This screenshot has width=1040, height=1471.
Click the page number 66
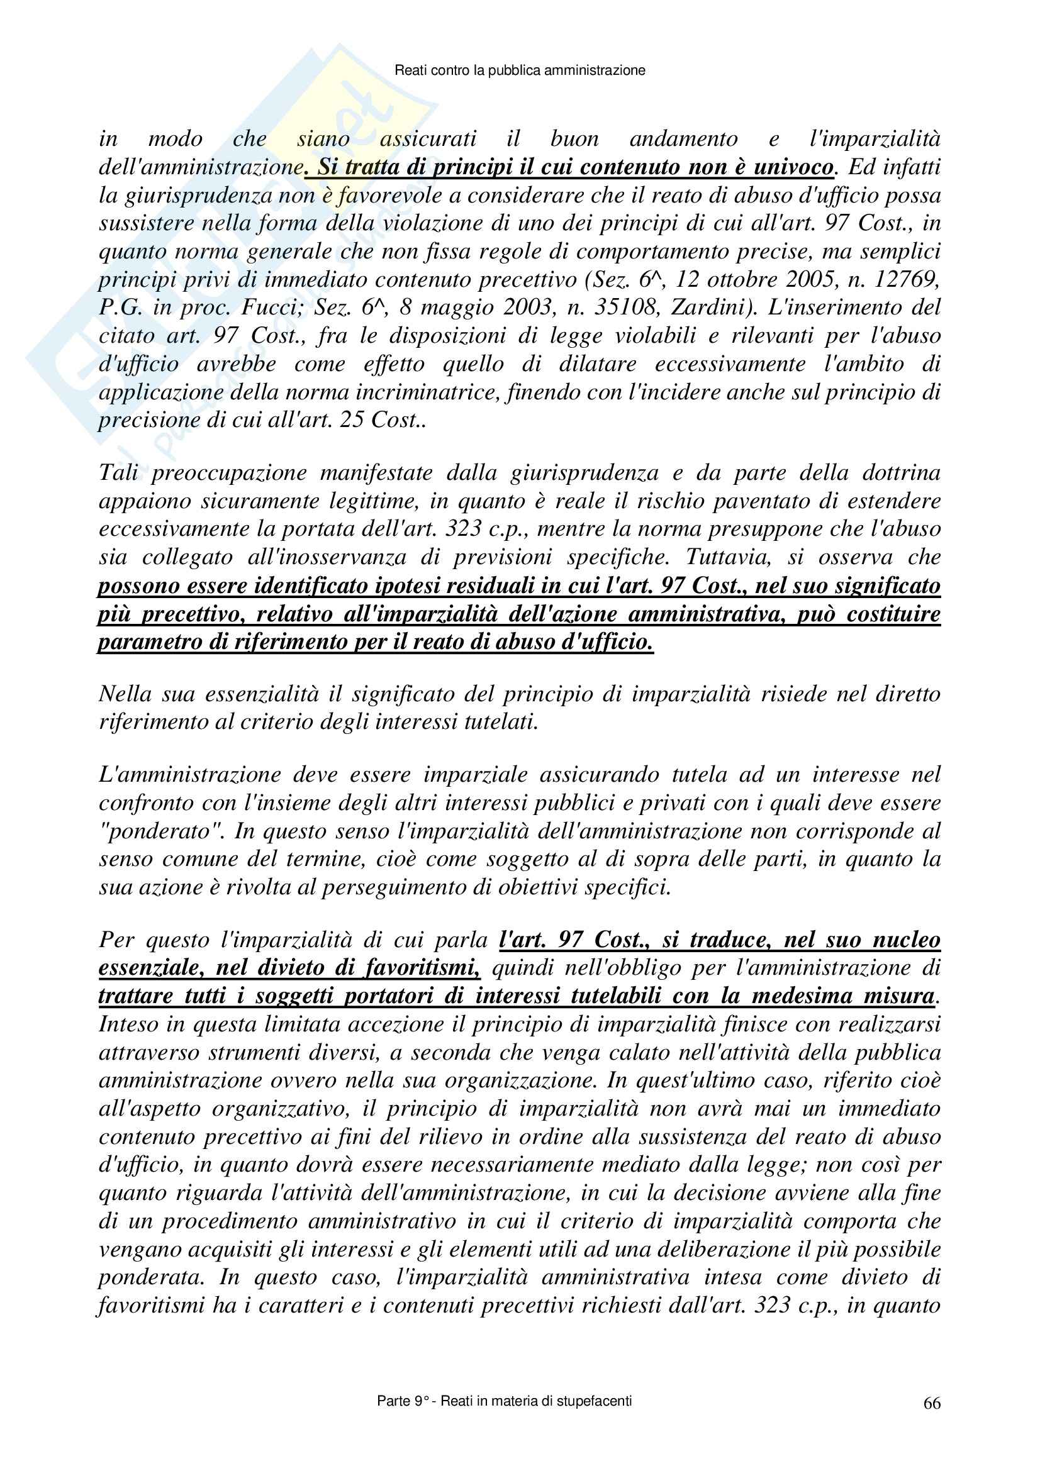(932, 1403)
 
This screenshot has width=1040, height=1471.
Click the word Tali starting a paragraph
(118, 473)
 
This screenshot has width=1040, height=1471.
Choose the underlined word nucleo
(906, 940)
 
